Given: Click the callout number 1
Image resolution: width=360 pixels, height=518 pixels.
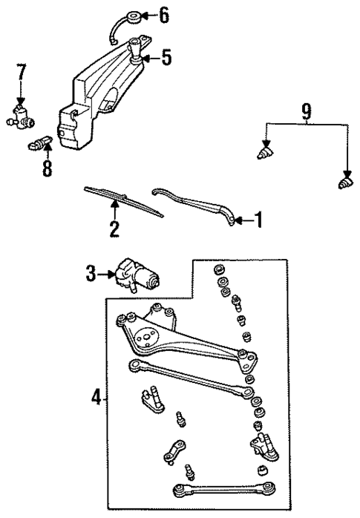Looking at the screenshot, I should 259,219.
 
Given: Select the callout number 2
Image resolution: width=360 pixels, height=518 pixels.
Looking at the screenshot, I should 114,228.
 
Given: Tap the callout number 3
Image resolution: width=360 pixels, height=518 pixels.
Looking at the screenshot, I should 91,275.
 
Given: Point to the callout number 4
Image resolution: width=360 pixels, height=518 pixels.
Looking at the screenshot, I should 96,399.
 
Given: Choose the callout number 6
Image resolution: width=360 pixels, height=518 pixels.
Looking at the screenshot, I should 165,14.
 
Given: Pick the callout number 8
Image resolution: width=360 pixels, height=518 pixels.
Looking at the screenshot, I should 48,169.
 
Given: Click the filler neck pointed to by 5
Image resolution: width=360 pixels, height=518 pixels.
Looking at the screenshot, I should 137,54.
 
